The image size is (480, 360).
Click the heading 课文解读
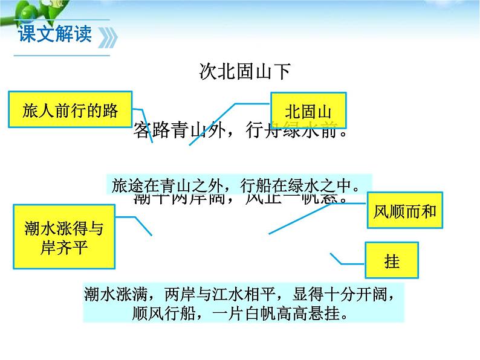pyautogui.click(x=55, y=33)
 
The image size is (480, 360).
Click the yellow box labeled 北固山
pyautogui.click(x=308, y=112)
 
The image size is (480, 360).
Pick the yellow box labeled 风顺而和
pyautogui.click(x=404, y=213)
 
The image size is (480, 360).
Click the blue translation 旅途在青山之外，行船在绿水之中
pyautogui.click(x=238, y=185)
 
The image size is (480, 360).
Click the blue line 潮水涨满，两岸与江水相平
pyautogui.click(x=241, y=294)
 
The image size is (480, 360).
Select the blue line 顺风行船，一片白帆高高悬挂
pyautogui.click(x=239, y=314)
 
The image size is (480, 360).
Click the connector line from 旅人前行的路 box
pyautogui.click(x=145, y=124)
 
